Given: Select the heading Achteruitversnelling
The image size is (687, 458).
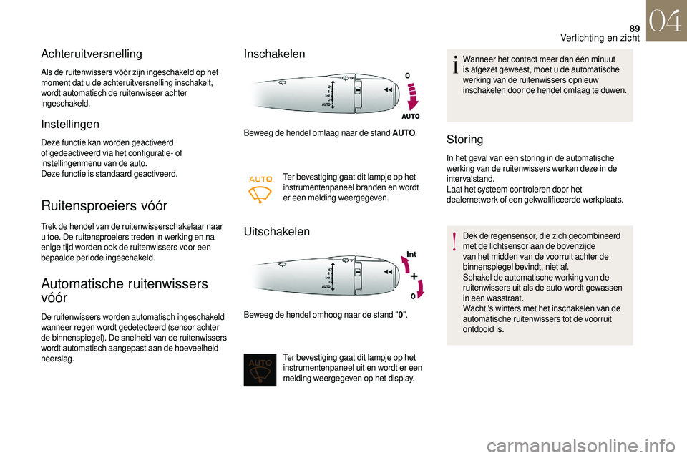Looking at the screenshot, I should tap(92, 54).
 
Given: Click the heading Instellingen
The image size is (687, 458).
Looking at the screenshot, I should tap(70, 124).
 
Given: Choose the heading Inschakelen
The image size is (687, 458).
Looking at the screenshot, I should tap(274, 54).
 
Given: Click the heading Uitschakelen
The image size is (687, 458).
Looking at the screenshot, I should tap(277, 232).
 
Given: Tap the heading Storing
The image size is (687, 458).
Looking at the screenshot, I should tap(464, 139).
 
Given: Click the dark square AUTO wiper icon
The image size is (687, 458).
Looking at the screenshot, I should tap(260, 369).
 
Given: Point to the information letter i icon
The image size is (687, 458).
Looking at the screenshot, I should tap(454, 64).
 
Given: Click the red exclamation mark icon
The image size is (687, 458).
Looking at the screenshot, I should tap(454, 244).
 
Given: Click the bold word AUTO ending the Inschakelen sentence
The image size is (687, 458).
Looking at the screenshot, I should tap(405, 133).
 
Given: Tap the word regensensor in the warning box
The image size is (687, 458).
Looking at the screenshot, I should tap(508, 235).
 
